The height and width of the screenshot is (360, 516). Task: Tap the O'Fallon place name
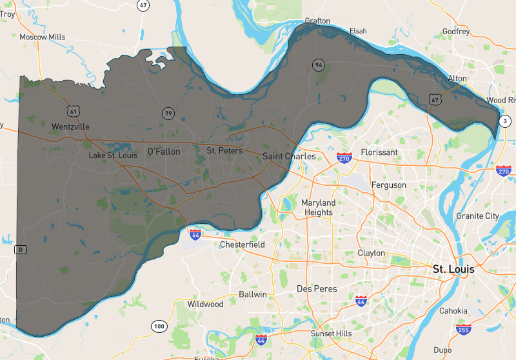point(164,152)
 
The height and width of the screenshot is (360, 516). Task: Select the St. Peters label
point(224,151)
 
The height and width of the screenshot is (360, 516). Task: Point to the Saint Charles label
point(290,156)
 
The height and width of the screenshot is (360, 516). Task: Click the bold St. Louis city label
point(453,269)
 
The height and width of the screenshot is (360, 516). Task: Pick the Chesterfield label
point(243,245)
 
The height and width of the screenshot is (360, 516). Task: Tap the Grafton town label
point(317,21)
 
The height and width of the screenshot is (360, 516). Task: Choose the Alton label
point(457,78)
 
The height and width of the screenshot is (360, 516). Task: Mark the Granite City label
point(477,215)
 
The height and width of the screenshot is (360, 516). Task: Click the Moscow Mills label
point(43,37)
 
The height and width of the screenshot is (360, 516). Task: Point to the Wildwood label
point(205,304)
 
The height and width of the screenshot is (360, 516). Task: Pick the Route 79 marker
point(168,114)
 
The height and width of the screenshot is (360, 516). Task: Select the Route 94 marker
point(318,65)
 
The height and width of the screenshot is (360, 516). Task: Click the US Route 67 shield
point(435,99)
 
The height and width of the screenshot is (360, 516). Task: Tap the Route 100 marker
point(159,326)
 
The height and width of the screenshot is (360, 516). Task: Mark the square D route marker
point(21,249)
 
